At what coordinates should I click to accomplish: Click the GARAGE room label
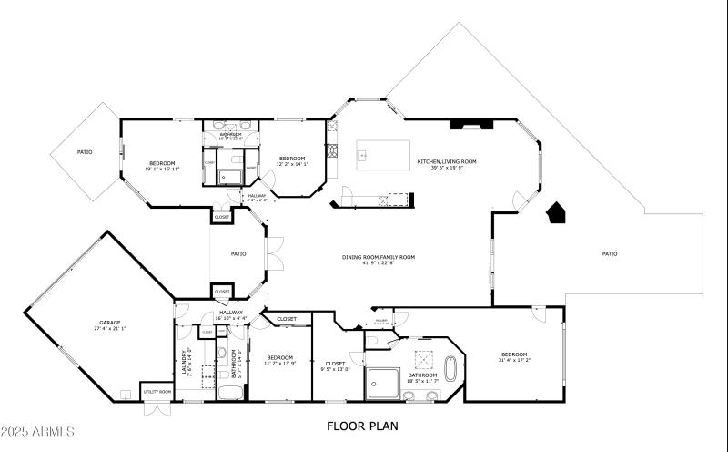(x=109, y=323)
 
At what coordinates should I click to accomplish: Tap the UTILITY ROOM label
(x=157, y=392)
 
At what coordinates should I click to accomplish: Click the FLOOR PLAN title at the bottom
(x=361, y=426)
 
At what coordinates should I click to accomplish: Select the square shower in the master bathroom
(x=384, y=384)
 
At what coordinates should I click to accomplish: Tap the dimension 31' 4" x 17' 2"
(x=513, y=361)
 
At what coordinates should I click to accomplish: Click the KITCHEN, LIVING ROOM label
(x=447, y=161)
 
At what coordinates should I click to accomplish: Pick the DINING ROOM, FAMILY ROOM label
(x=379, y=257)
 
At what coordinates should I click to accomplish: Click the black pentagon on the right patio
(x=555, y=213)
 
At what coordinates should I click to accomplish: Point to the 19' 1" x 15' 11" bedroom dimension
(x=162, y=169)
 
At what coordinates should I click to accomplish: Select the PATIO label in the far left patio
(x=84, y=152)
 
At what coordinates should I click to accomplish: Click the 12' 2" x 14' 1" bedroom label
(x=291, y=159)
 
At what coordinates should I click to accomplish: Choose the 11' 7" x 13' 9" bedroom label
(x=279, y=357)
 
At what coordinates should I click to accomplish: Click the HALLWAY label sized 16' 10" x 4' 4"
(x=231, y=313)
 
